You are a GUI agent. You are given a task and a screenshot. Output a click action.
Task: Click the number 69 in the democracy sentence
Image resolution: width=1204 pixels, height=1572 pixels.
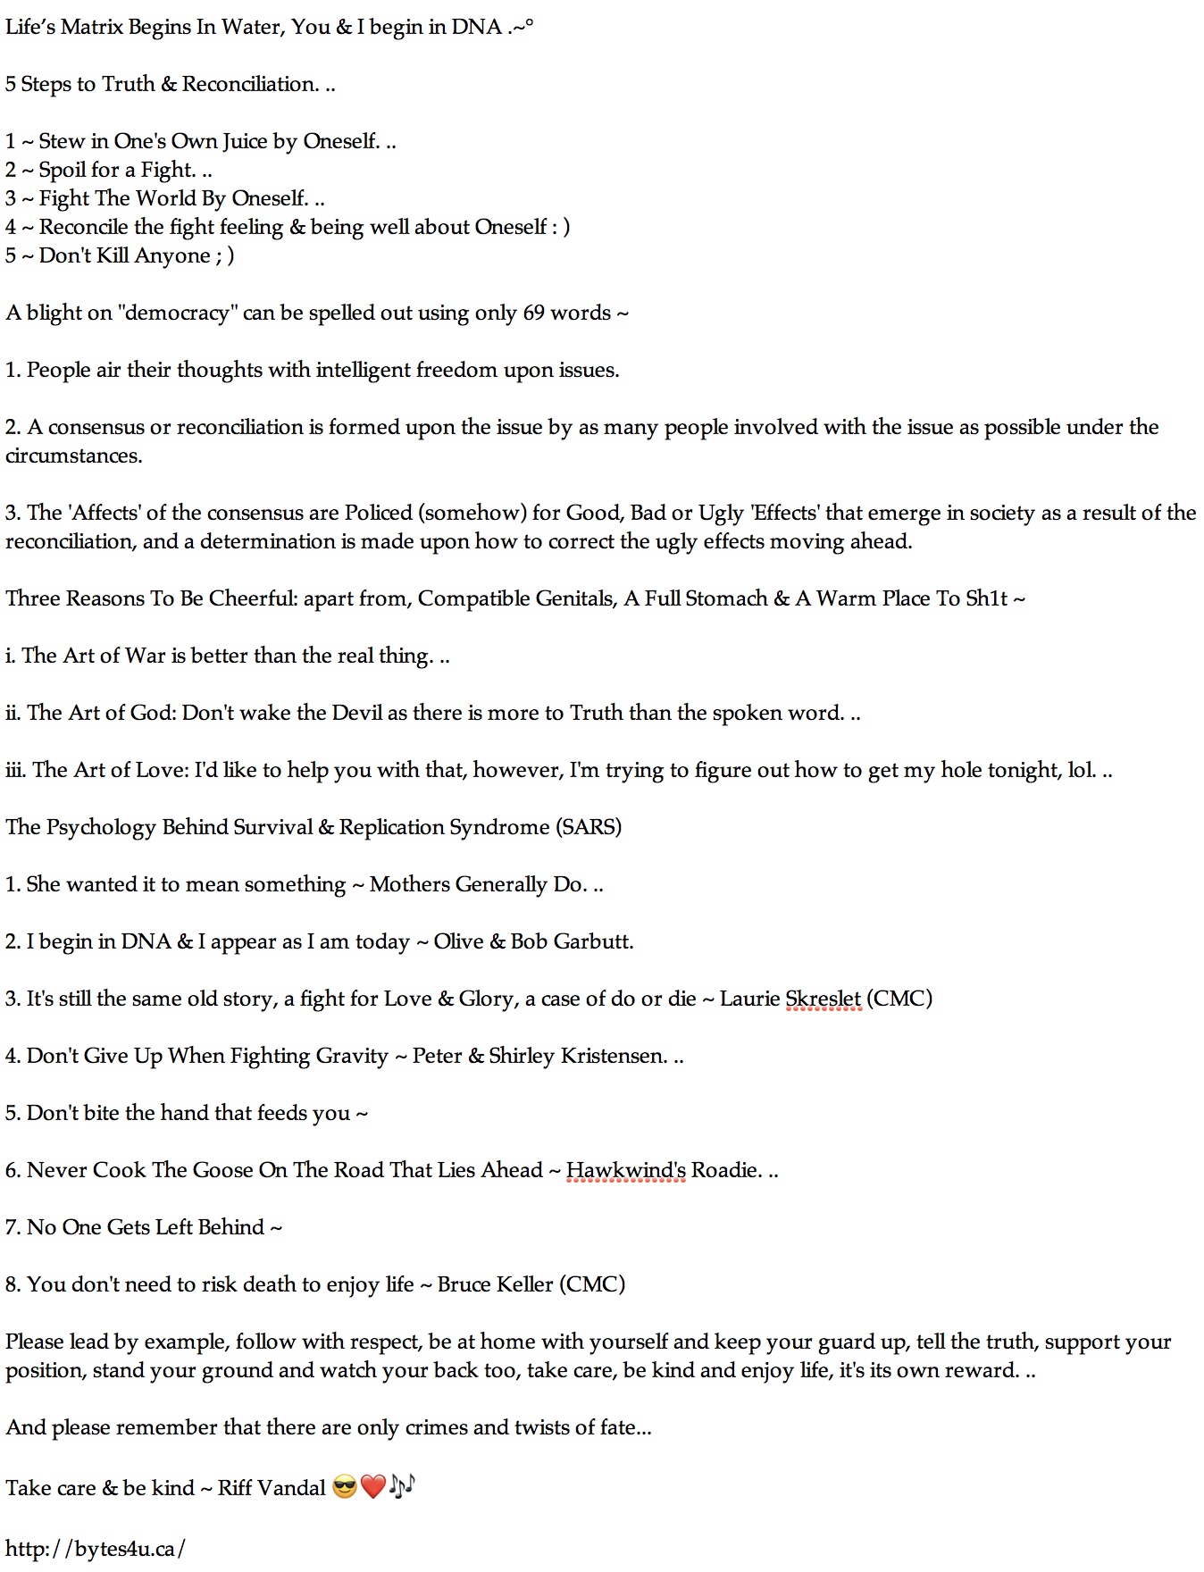tap(533, 313)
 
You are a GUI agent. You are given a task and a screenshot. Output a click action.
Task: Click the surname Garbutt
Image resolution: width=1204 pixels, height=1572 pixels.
tap(593, 941)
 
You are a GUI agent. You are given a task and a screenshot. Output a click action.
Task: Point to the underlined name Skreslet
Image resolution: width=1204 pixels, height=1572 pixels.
tap(823, 999)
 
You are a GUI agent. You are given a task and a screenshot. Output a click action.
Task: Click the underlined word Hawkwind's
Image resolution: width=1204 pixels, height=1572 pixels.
tap(625, 1170)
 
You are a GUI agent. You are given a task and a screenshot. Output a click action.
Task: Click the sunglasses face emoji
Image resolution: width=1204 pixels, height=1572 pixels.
tap(344, 1487)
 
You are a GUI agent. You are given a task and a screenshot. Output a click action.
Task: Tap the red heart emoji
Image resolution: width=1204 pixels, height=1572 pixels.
tap(373, 1487)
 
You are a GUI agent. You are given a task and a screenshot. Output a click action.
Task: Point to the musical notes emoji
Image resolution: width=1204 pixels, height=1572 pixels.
tap(402, 1486)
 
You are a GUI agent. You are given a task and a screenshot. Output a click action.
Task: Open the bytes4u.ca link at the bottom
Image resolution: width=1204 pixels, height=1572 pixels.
tap(95, 1548)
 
